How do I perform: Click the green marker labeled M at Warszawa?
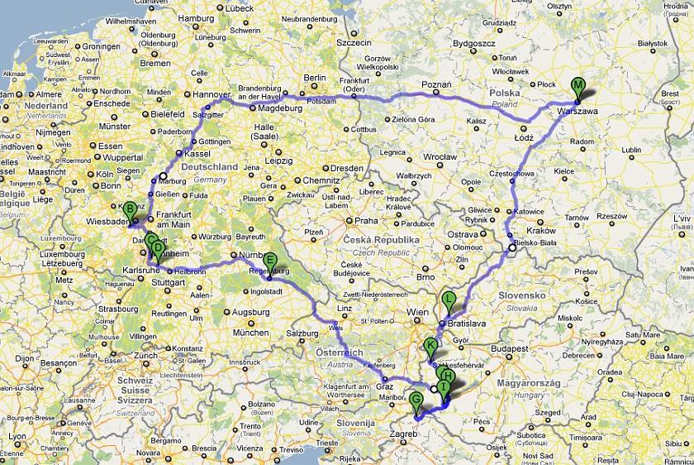[578, 86]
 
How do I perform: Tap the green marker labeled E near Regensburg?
[269, 260]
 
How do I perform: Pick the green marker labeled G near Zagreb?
[416, 400]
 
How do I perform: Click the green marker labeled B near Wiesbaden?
[129, 209]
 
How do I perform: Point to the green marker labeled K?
[430, 346]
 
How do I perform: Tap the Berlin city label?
[315, 78]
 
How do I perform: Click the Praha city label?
[365, 221]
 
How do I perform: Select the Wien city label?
[417, 313]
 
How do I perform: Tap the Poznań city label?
[436, 85]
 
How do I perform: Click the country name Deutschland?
[209, 167]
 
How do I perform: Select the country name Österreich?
[339, 353]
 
